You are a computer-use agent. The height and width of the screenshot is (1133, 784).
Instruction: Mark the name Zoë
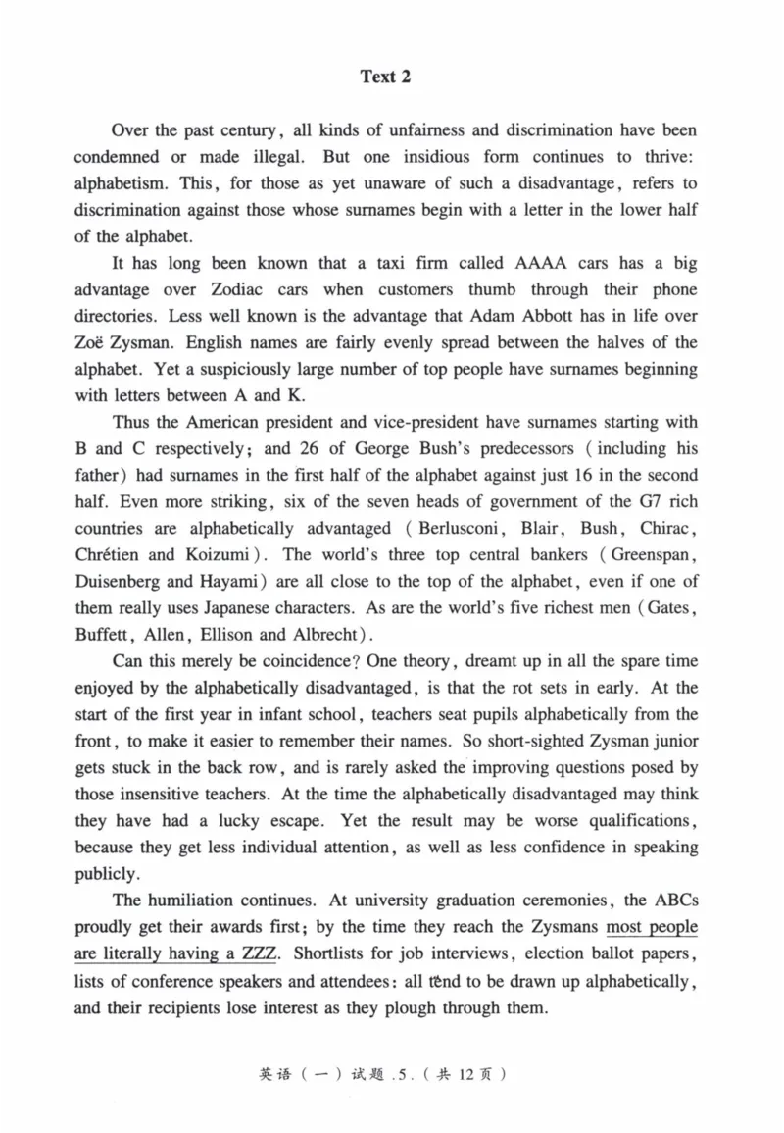pyautogui.click(x=91, y=343)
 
